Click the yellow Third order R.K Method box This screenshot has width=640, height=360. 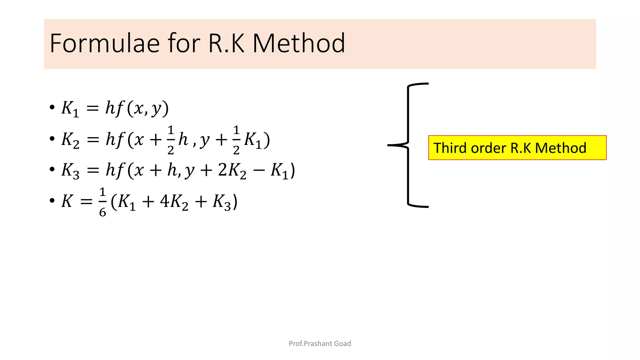[517, 148]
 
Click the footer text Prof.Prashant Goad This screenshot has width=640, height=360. [320, 343]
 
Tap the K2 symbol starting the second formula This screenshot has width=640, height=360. [70, 140]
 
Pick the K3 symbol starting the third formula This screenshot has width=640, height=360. [70, 171]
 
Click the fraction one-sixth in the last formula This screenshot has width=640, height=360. [102, 202]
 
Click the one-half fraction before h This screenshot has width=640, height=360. [171, 140]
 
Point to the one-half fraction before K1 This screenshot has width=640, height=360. [236, 140]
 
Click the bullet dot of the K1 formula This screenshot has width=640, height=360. [52, 107]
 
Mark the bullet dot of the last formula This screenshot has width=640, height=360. [52, 201]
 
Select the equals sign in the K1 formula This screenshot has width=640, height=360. [92, 108]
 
